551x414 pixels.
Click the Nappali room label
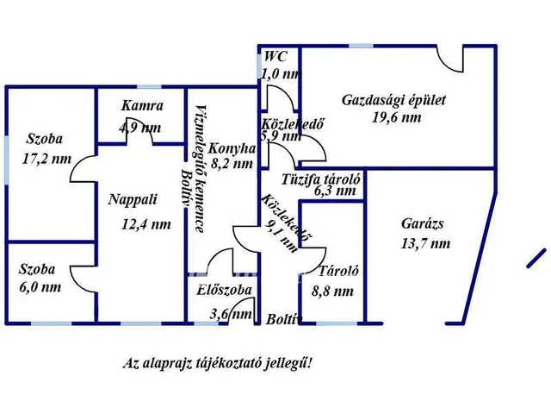(x=133, y=200)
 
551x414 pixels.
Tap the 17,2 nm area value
(x=46, y=159)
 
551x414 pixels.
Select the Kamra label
(x=142, y=105)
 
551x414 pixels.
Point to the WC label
(x=275, y=56)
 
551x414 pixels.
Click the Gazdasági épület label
(x=393, y=100)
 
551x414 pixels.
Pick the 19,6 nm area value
(x=397, y=117)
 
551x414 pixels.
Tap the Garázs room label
(x=423, y=223)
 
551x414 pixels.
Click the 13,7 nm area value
(x=425, y=243)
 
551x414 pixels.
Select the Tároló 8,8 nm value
(x=332, y=292)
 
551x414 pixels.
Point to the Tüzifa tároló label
(x=320, y=179)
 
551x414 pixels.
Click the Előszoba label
(x=224, y=290)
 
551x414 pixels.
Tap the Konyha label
(x=232, y=148)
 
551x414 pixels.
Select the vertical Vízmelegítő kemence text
(x=199, y=168)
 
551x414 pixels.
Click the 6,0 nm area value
(x=40, y=287)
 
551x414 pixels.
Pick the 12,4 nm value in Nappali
(x=146, y=224)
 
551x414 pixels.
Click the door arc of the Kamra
(x=139, y=137)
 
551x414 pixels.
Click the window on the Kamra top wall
(x=149, y=87)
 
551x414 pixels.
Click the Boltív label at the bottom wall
(x=284, y=319)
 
